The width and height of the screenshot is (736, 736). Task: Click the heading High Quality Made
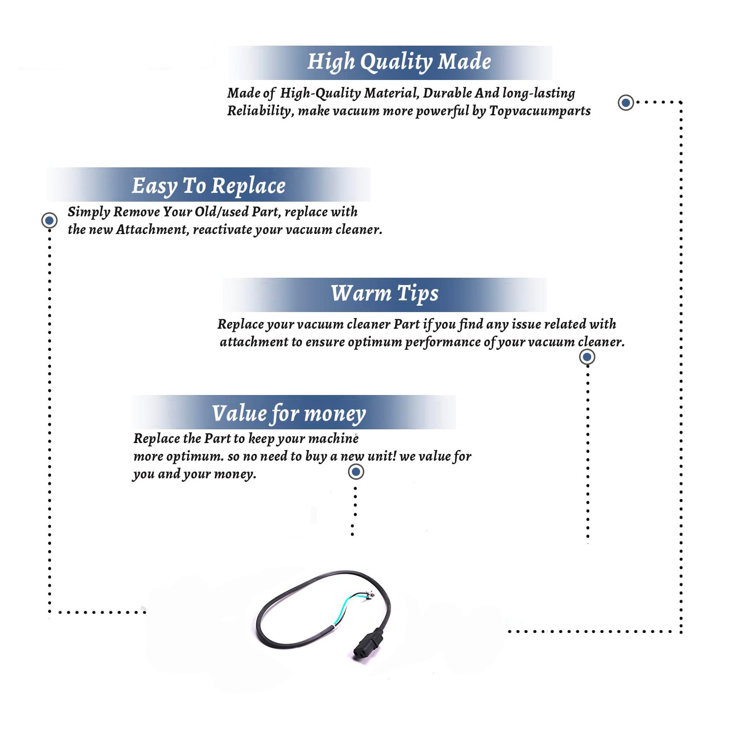click(x=399, y=62)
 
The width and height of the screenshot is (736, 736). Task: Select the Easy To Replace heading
click(x=209, y=186)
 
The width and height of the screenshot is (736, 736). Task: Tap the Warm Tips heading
click(x=385, y=294)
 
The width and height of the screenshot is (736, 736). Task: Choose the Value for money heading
click(x=289, y=414)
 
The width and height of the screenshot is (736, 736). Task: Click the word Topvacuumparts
click(x=540, y=111)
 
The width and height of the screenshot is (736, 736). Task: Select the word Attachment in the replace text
click(x=152, y=230)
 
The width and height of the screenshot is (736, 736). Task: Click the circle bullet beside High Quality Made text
click(x=626, y=103)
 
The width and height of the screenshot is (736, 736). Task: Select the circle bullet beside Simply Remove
click(x=49, y=220)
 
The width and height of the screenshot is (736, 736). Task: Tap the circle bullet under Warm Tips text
click(x=587, y=357)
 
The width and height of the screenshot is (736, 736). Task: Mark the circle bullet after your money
click(x=356, y=472)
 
